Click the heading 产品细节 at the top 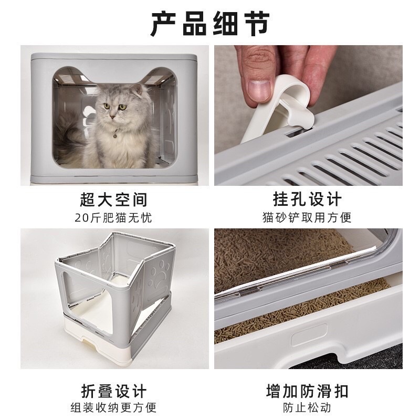(210, 23)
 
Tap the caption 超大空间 (113, 199)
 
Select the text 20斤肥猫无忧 (113, 217)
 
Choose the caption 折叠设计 (113, 391)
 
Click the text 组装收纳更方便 (113, 408)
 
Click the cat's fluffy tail (71, 131)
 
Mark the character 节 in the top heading (256, 23)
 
